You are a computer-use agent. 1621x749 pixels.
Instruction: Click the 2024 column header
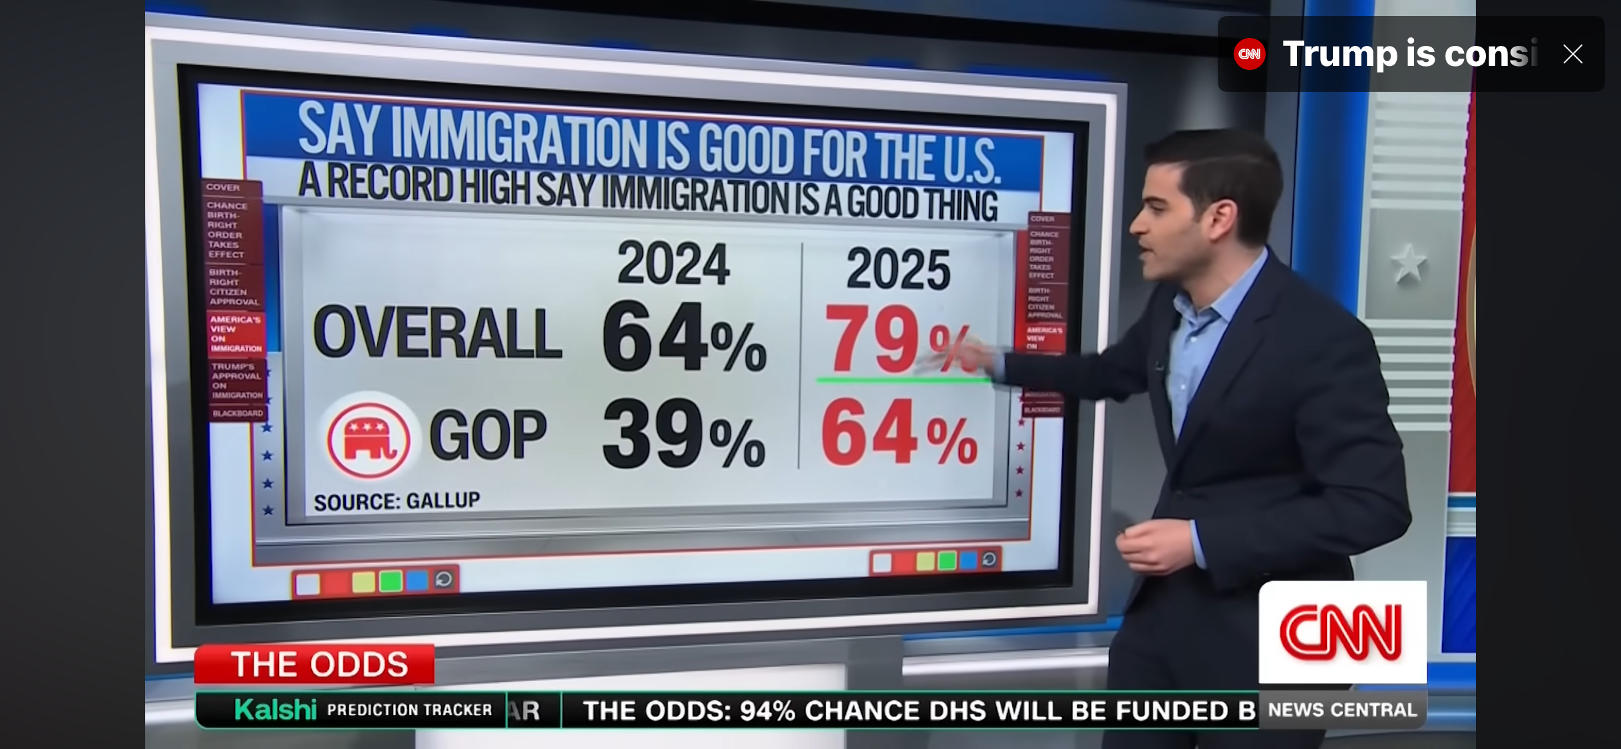click(x=673, y=264)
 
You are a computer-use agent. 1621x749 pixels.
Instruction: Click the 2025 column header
click(x=898, y=269)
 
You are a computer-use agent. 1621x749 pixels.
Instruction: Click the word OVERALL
click(x=437, y=333)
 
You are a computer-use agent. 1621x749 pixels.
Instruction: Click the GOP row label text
click(x=488, y=434)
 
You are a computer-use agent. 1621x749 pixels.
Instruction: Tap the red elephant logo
click(x=368, y=439)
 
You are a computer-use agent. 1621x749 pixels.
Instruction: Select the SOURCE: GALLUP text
click(x=397, y=501)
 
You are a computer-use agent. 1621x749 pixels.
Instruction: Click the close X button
click(x=1572, y=54)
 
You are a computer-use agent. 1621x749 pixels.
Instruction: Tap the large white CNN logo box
click(x=1342, y=631)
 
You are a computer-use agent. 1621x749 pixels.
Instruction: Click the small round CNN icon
click(x=1249, y=54)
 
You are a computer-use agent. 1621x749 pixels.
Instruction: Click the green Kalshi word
click(x=275, y=710)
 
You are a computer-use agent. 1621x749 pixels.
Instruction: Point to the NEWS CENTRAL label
click(x=1342, y=710)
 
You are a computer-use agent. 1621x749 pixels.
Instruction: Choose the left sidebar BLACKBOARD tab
click(x=238, y=413)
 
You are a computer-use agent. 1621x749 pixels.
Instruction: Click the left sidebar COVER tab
click(x=223, y=187)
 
